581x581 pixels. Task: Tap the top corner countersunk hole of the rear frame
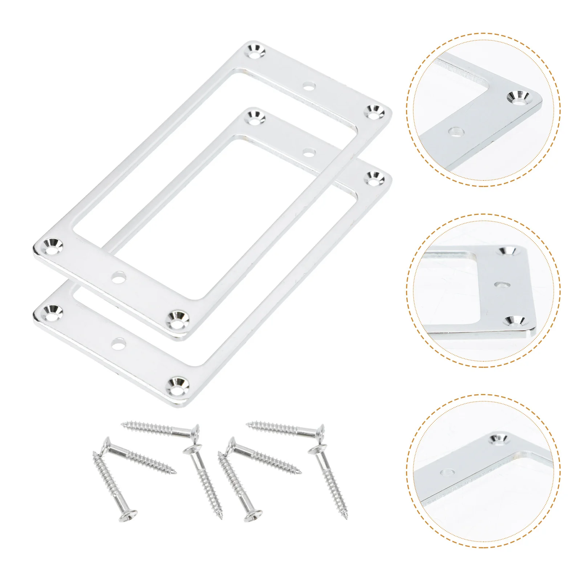point(256,118)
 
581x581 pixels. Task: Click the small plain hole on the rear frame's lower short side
point(119,343)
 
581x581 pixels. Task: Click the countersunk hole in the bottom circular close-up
point(499,440)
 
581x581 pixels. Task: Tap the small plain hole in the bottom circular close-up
point(447,472)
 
